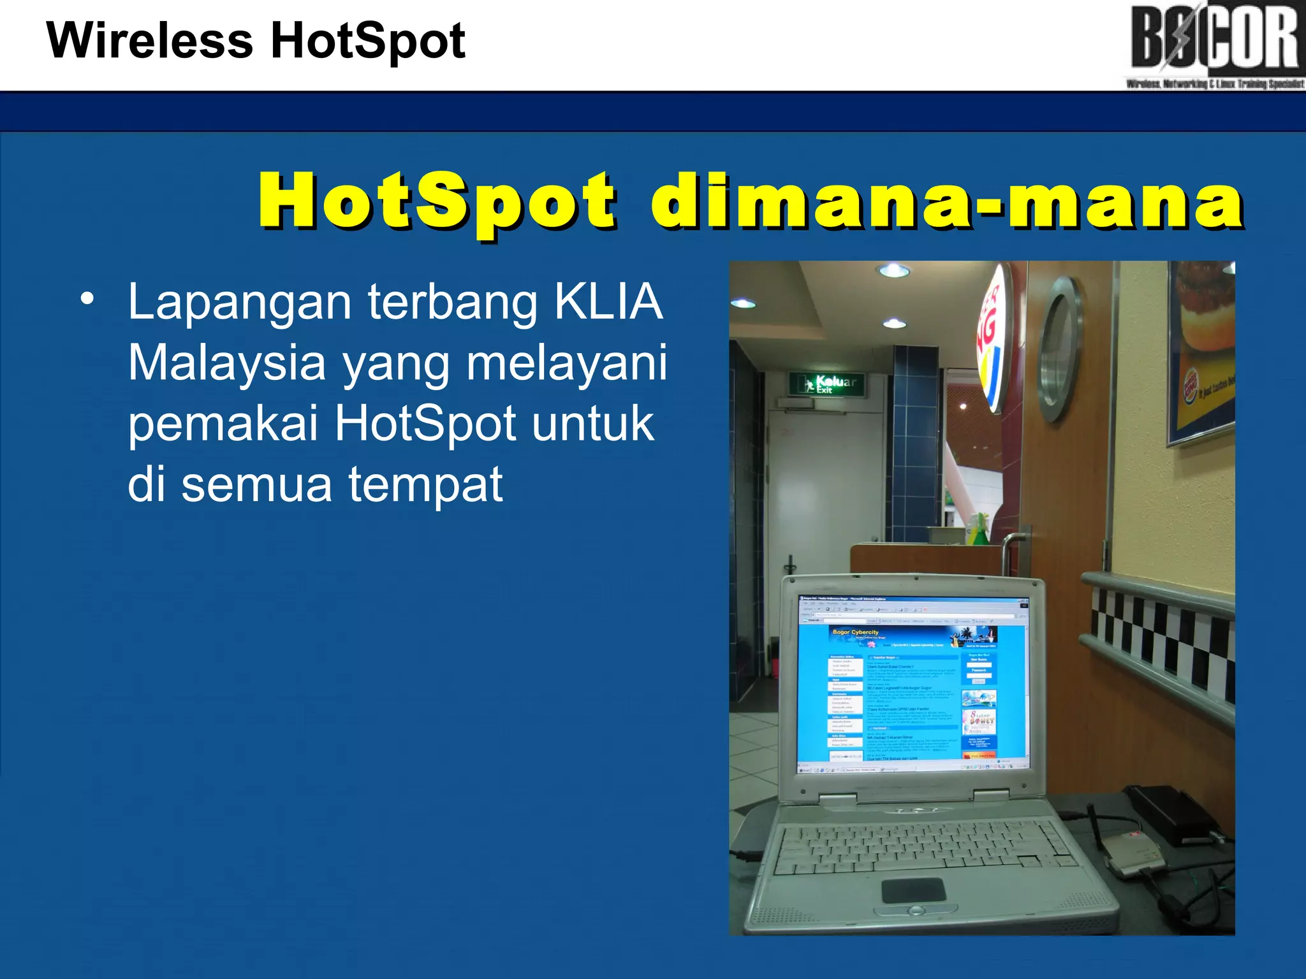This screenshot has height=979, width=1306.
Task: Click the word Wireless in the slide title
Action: click(150, 41)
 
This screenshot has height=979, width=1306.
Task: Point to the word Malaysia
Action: click(227, 363)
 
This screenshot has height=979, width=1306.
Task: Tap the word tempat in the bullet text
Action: click(425, 484)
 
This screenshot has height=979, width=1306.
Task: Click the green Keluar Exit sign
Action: click(827, 384)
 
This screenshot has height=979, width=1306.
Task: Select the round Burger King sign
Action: click(993, 338)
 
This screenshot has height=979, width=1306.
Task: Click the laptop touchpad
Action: click(913, 890)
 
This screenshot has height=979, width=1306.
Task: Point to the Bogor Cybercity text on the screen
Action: click(855, 632)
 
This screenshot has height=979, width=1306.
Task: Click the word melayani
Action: click(566, 363)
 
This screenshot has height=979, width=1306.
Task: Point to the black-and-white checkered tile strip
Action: click(1161, 644)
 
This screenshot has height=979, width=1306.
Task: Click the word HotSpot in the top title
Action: click(368, 41)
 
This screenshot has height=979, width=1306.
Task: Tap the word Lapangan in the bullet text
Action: click(240, 303)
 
